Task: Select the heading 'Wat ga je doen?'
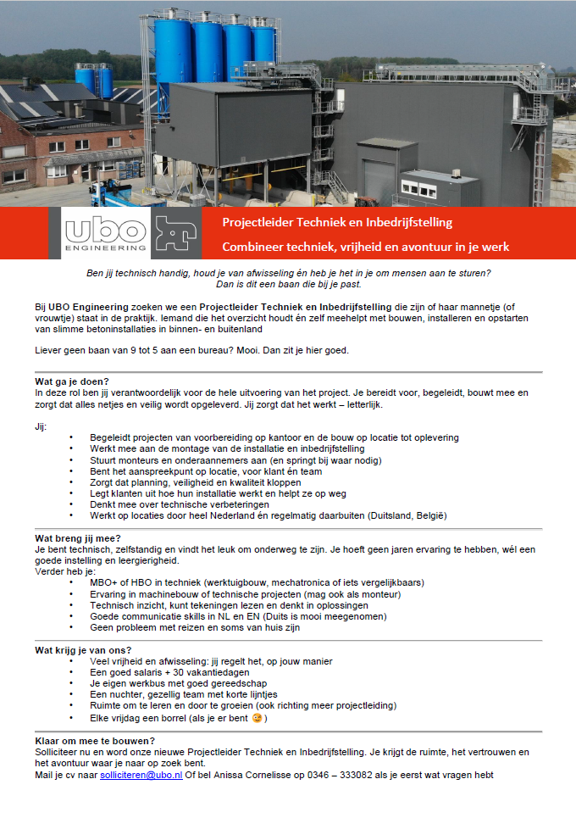tap(72, 381)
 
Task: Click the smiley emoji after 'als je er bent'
tap(257, 718)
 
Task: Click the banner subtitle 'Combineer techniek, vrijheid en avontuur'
tap(365, 247)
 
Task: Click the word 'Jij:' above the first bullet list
tap(41, 426)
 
